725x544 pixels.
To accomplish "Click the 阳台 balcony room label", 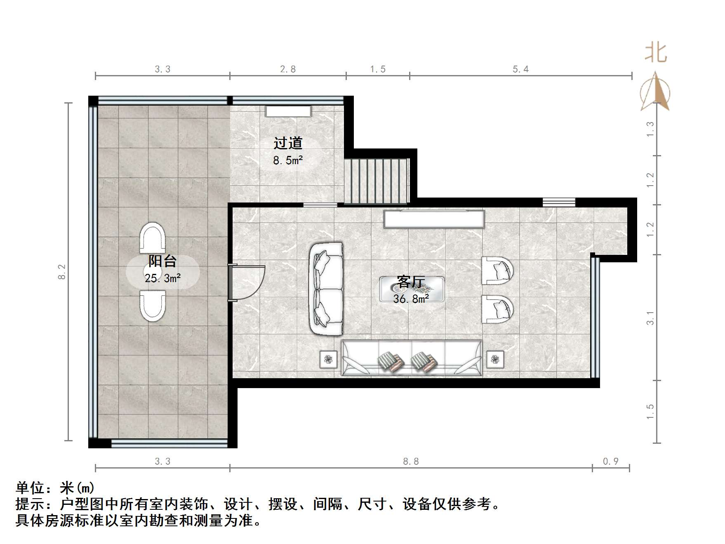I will [162, 261].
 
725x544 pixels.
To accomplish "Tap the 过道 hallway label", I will [288, 143].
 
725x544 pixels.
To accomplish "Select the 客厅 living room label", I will [411, 282].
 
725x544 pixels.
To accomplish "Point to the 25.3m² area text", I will [163, 278].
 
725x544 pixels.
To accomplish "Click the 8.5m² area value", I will [288, 160].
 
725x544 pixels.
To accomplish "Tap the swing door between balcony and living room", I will [247, 283].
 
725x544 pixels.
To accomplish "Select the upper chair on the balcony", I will [152, 238].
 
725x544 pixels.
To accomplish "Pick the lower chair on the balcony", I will [153, 305].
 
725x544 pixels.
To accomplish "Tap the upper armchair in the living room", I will [497, 271].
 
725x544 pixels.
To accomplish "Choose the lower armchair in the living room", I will [497, 309].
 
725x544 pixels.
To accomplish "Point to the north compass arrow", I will [655, 92].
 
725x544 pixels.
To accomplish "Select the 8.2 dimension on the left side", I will [62, 272].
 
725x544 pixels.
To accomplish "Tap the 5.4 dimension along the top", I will [520, 69].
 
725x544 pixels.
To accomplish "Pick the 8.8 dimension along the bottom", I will [411, 462].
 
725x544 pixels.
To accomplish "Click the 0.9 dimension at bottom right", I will [611, 462].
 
